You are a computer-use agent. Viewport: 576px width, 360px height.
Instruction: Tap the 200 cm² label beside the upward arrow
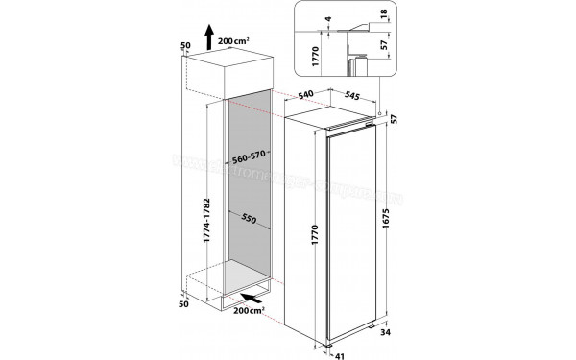236,41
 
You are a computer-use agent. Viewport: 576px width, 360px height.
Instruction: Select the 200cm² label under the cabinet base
252,313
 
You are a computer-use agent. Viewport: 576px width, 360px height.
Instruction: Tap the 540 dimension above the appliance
307,95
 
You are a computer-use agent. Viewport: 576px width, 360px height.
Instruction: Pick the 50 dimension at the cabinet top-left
184,45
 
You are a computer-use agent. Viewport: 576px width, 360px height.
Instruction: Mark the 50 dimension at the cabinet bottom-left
184,305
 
